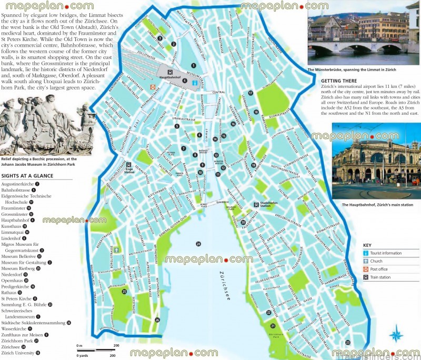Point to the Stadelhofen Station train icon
[x=255, y=204]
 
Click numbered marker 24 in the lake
[x=198, y=244]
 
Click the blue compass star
[x=396, y=334]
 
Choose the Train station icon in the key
[x=366, y=277]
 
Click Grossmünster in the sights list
[x=14, y=214]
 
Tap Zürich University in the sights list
[x=18, y=353]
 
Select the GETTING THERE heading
[x=339, y=81]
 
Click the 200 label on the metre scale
[x=116, y=345]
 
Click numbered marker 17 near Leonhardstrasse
[x=251, y=93]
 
